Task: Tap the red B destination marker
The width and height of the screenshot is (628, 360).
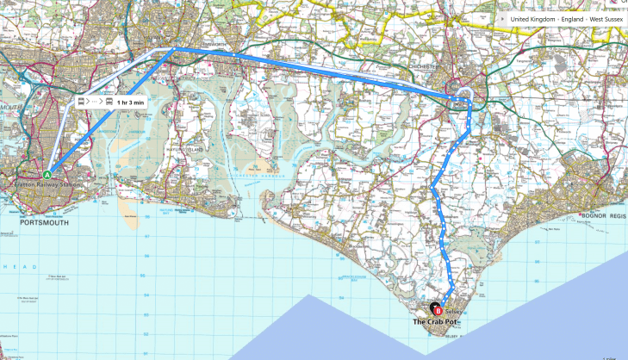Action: point(437,310)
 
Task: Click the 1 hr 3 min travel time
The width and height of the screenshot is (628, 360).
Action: point(131,102)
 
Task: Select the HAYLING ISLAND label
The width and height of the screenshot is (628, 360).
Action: point(207,150)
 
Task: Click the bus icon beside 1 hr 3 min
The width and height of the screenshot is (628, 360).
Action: point(109,102)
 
